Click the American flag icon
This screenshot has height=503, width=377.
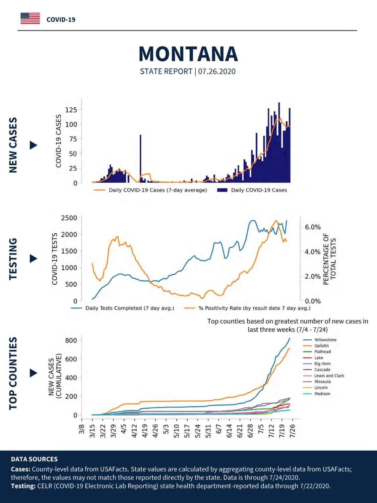tap(30, 18)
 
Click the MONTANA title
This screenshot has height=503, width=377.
tap(188, 54)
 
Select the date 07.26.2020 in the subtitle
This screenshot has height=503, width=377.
tap(216, 71)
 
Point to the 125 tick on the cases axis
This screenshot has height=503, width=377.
tap(71, 110)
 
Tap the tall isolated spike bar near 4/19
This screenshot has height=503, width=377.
tap(140, 159)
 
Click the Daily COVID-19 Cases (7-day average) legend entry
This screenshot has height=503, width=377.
tap(150, 190)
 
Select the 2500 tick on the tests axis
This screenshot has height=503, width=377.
tap(69, 218)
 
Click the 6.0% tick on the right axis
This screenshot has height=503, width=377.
tap(313, 227)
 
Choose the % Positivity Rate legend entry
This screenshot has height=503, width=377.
tap(247, 308)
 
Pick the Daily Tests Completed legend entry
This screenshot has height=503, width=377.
tap(122, 308)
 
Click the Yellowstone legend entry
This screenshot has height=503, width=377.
tap(320, 340)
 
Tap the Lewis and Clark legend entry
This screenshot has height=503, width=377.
tap(323, 376)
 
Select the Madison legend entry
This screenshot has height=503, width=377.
tap(317, 393)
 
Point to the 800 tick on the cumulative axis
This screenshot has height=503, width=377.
tap(71, 340)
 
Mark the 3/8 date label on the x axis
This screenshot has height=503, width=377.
tap(82, 429)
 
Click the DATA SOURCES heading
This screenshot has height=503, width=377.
tap(34, 459)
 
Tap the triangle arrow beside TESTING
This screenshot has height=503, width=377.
tap(34, 259)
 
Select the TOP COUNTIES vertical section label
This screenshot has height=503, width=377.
tap(13, 373)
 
